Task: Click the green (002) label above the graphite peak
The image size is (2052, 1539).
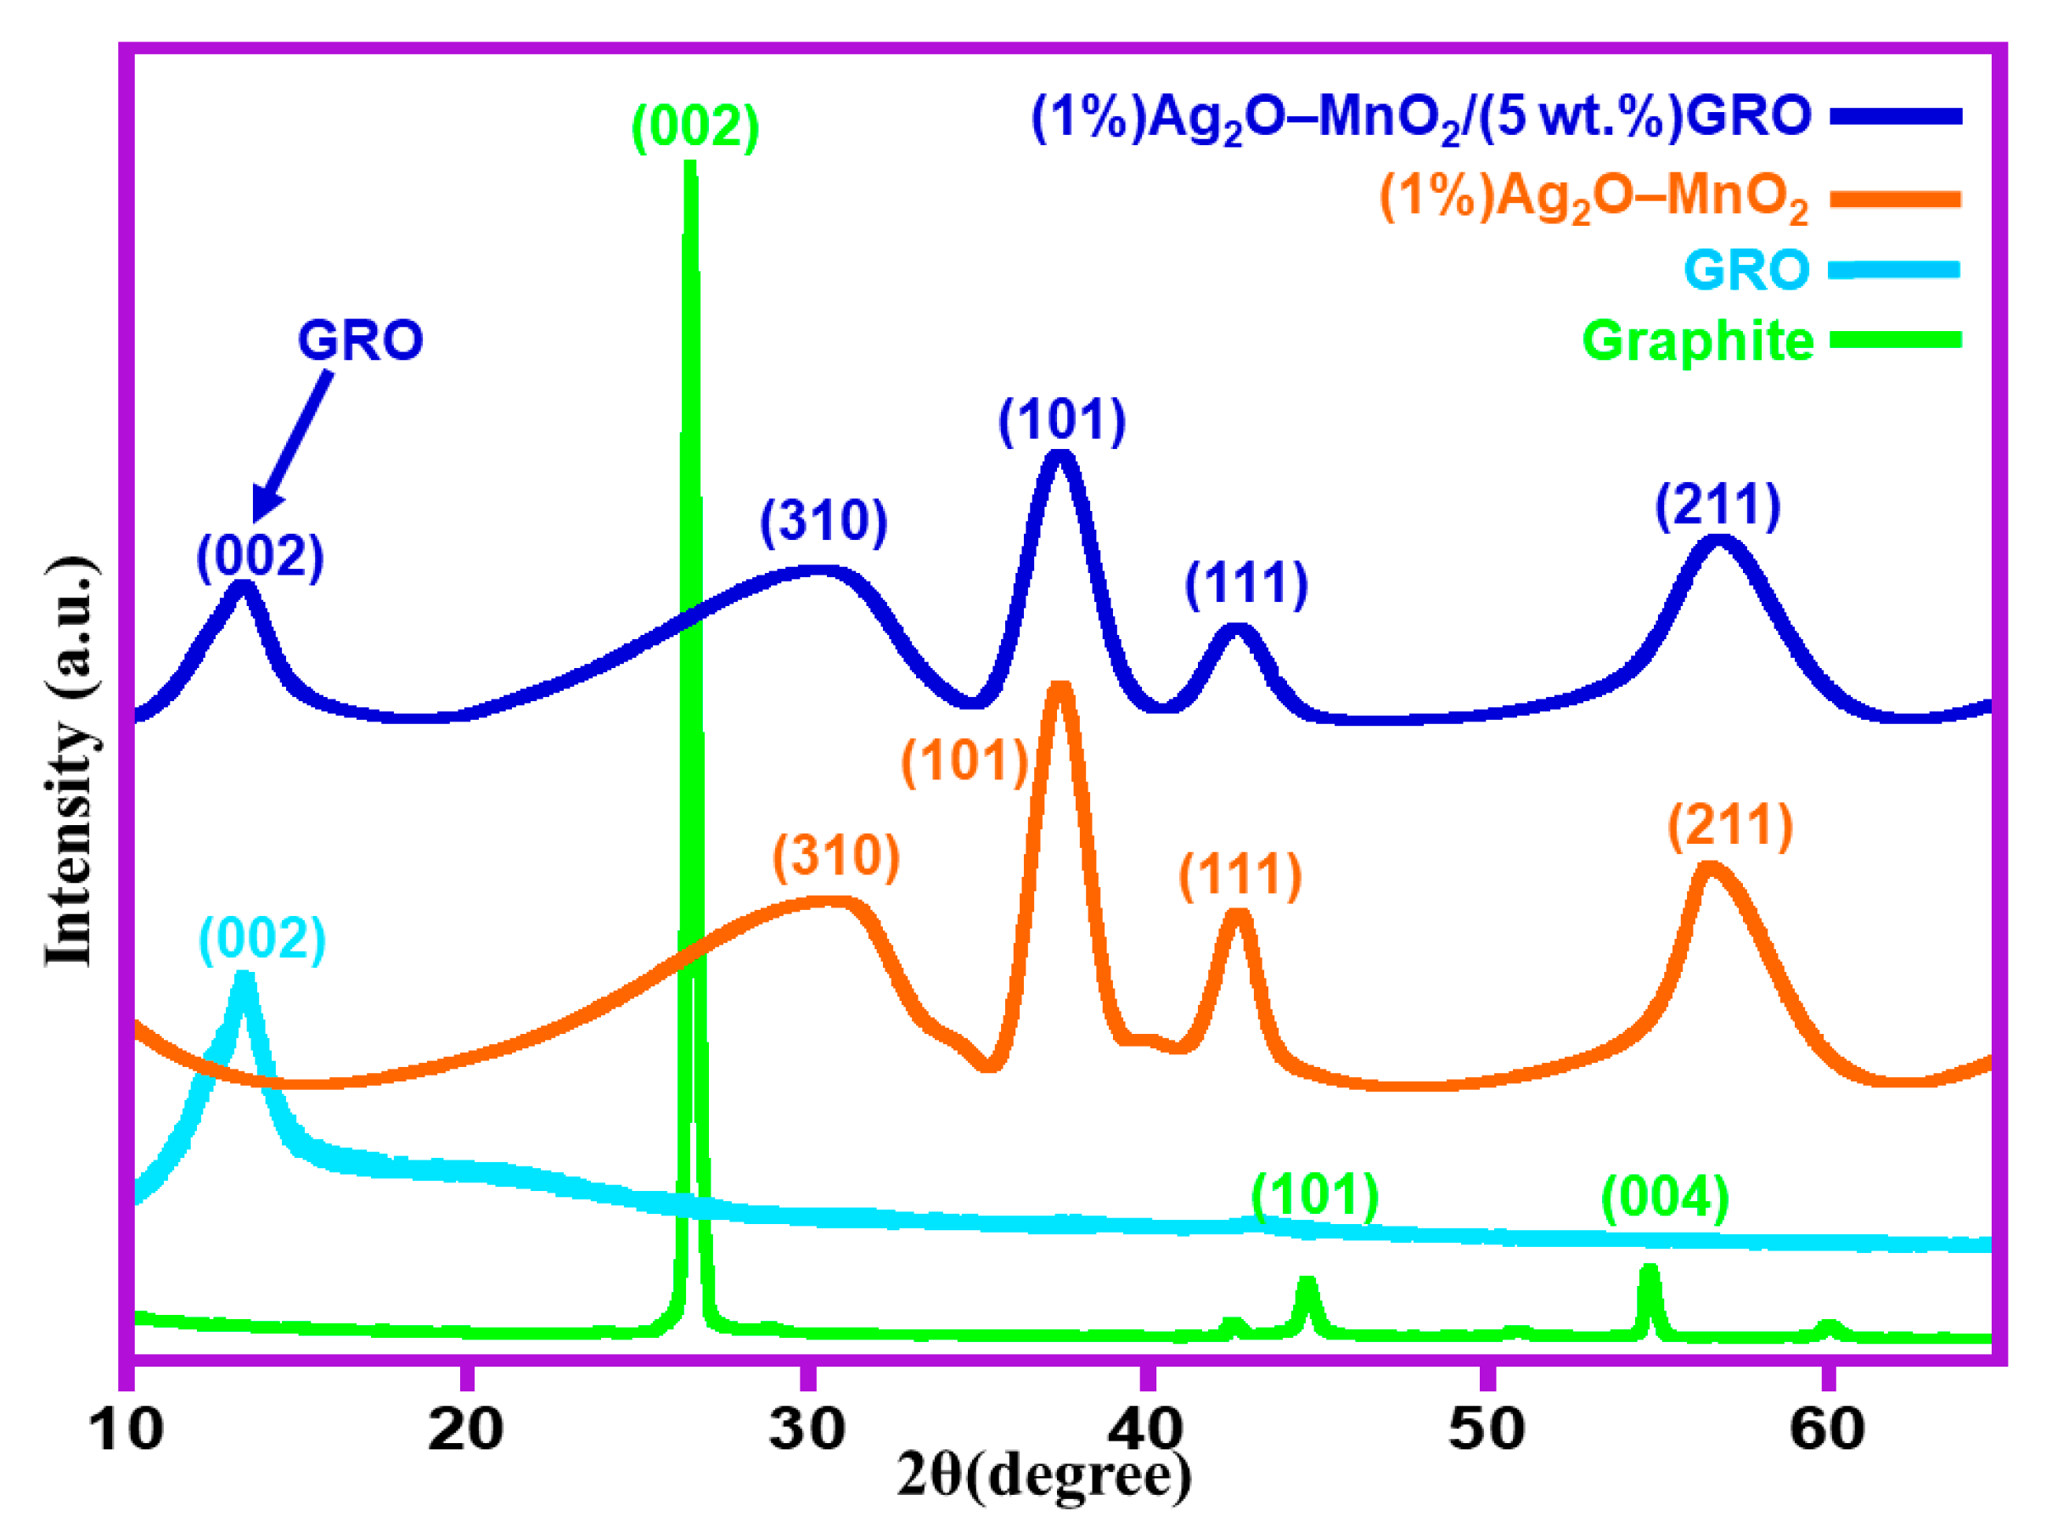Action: [696, 126]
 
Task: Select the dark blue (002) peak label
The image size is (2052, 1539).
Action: [260, 557]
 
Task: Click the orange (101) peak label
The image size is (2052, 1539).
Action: [964, 761]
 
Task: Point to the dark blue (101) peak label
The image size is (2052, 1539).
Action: [1062, 420]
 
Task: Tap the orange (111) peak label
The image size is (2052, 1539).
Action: [1240, 875]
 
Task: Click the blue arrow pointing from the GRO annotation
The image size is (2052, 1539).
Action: [292, 446]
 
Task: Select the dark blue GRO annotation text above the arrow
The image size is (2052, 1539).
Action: [360, 340]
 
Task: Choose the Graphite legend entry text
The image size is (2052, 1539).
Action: [1698, 340]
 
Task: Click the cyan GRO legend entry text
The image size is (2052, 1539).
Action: [1746, 270]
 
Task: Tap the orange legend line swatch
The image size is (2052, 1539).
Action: [1894, 199]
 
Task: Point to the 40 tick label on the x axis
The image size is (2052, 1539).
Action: [1147, 1429]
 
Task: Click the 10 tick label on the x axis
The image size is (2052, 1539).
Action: [126, 1429]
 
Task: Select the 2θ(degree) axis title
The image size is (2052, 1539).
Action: [1043, 1475]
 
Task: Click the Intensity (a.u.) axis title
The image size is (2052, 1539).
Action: [70, 761]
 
